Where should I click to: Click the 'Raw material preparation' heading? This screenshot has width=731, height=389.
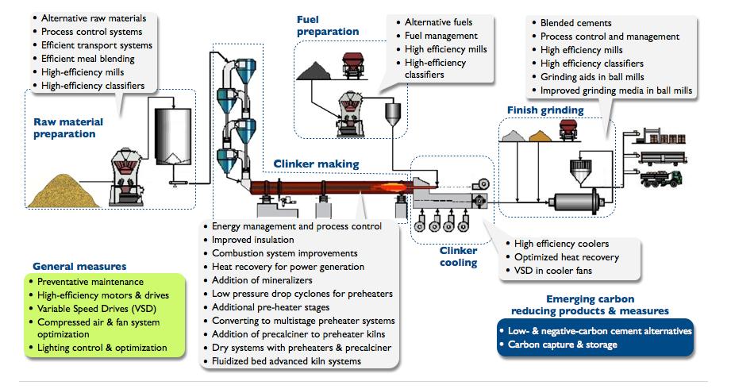click(x=64, y=128)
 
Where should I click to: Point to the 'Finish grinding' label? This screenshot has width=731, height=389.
click(x=544, y=110)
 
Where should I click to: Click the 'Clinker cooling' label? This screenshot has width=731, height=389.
click(x=459, y=256)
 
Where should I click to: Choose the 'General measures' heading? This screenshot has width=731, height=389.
click(x=79, y=266)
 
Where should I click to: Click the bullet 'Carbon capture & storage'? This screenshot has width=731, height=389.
click(x=559, y=345)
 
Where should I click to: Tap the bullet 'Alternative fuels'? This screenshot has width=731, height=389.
click(x=439, y=22)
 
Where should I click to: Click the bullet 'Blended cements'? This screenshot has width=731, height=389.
click(x=575, y=23)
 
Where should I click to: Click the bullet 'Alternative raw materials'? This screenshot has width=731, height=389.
click(x=91, y=17)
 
